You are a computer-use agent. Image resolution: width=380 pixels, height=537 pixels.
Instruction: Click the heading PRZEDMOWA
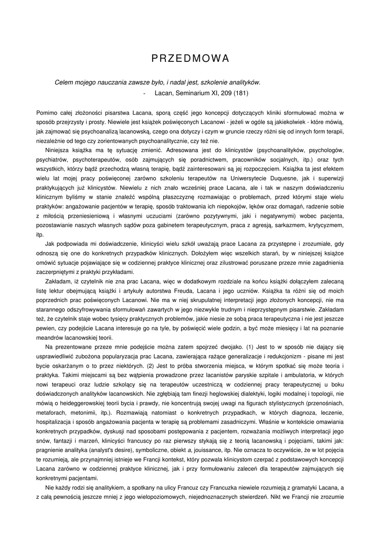[190, 58]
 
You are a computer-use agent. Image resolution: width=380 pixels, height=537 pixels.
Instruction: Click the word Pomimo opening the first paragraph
[46, 113]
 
